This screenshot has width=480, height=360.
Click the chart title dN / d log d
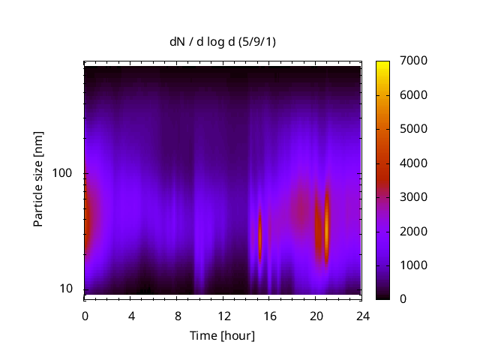pos(223,42)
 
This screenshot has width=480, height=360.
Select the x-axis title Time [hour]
pos(223,335)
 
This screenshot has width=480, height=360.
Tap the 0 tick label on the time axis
pos(85,315)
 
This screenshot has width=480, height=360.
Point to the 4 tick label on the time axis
pos(131,315)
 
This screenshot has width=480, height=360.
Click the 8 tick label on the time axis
pos(178,315)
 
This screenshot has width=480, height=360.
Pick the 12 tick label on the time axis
pos(223,315)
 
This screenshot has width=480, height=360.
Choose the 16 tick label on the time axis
pos(270,315)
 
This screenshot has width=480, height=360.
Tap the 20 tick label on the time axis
pos(316,315)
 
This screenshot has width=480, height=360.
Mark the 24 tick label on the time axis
pos(362,315)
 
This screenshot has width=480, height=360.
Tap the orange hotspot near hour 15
pos(260,234)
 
